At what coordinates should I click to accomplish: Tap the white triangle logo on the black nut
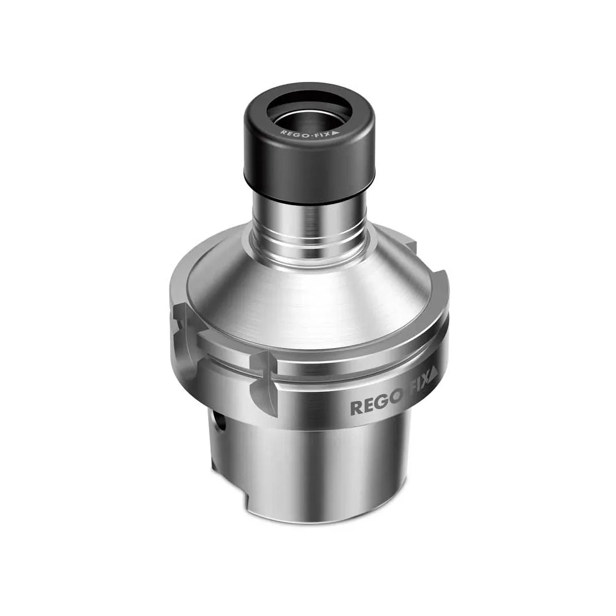point(336,132)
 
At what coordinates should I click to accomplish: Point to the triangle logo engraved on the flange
point(434,372)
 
